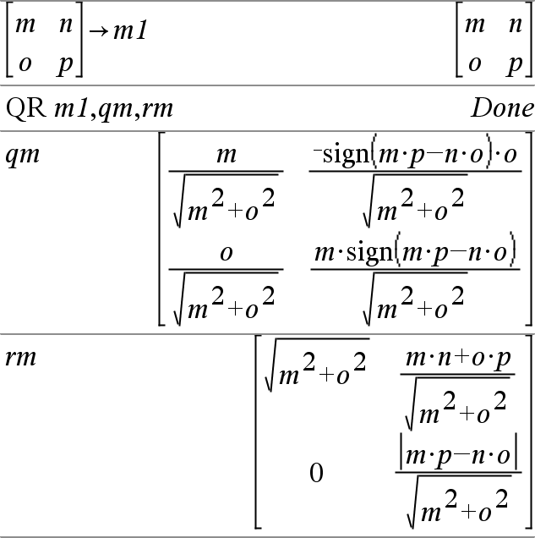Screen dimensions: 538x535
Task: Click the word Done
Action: (x=502, y=108)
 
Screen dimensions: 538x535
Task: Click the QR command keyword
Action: (x=26, y=108)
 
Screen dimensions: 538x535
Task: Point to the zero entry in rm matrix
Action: (x=316, y=473)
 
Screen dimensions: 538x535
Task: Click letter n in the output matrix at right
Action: (x=515, y=23)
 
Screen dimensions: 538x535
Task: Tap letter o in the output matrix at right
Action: (x=474, y=64)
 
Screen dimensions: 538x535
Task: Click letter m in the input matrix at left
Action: (x=25, y=23)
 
